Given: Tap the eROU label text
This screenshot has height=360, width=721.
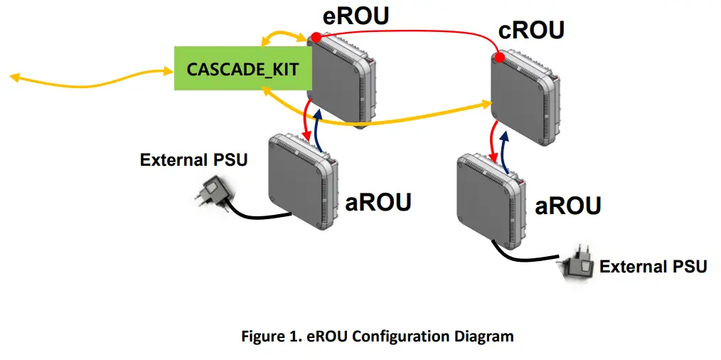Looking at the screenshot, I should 356,16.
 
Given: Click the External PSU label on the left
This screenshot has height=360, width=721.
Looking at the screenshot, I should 193,159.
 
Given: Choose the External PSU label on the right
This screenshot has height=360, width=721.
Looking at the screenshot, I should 653,267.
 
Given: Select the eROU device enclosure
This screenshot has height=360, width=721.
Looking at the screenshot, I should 341,78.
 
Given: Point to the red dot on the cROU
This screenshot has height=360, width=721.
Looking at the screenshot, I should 499,57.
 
